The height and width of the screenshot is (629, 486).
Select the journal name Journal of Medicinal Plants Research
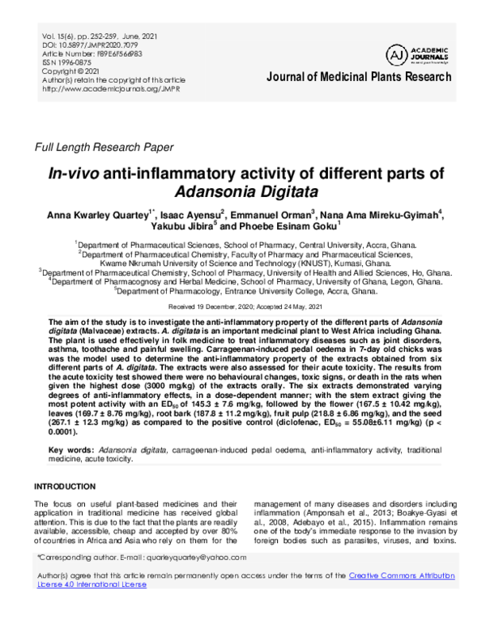coord(358,77)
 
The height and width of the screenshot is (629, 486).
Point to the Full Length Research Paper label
coord(103,147)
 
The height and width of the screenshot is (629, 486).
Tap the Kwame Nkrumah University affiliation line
coord(242,263)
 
